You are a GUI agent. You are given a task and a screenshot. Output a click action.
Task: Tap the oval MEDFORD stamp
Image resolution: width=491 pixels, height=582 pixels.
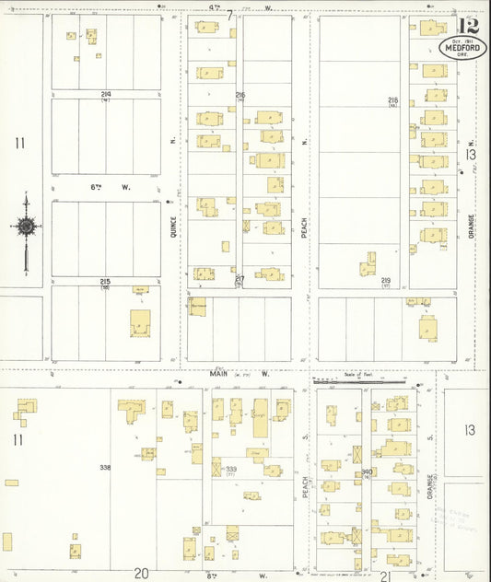point(463,47)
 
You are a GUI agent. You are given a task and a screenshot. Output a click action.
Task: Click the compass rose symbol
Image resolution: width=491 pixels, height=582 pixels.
point(27,226)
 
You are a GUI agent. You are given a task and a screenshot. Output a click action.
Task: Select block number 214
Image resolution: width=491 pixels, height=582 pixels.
point(107,94)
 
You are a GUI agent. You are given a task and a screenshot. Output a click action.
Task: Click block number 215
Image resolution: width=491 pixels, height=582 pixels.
point(106,281)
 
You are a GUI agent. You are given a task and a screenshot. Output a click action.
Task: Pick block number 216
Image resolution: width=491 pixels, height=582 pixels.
point(240,95)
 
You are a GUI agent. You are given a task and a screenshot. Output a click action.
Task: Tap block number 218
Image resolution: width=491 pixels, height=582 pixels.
point(392,99)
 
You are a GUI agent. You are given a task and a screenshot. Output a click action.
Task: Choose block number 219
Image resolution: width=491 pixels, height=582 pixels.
point(387,280)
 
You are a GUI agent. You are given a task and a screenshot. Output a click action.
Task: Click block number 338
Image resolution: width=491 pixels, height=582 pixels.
point(105,468)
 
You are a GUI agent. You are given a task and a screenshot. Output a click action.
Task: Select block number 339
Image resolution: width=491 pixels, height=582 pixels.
point(231,469)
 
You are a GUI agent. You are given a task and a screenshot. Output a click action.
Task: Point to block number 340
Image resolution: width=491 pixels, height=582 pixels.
point(366,472)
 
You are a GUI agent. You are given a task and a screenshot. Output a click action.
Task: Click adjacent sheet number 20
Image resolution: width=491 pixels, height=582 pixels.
point(141,574)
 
